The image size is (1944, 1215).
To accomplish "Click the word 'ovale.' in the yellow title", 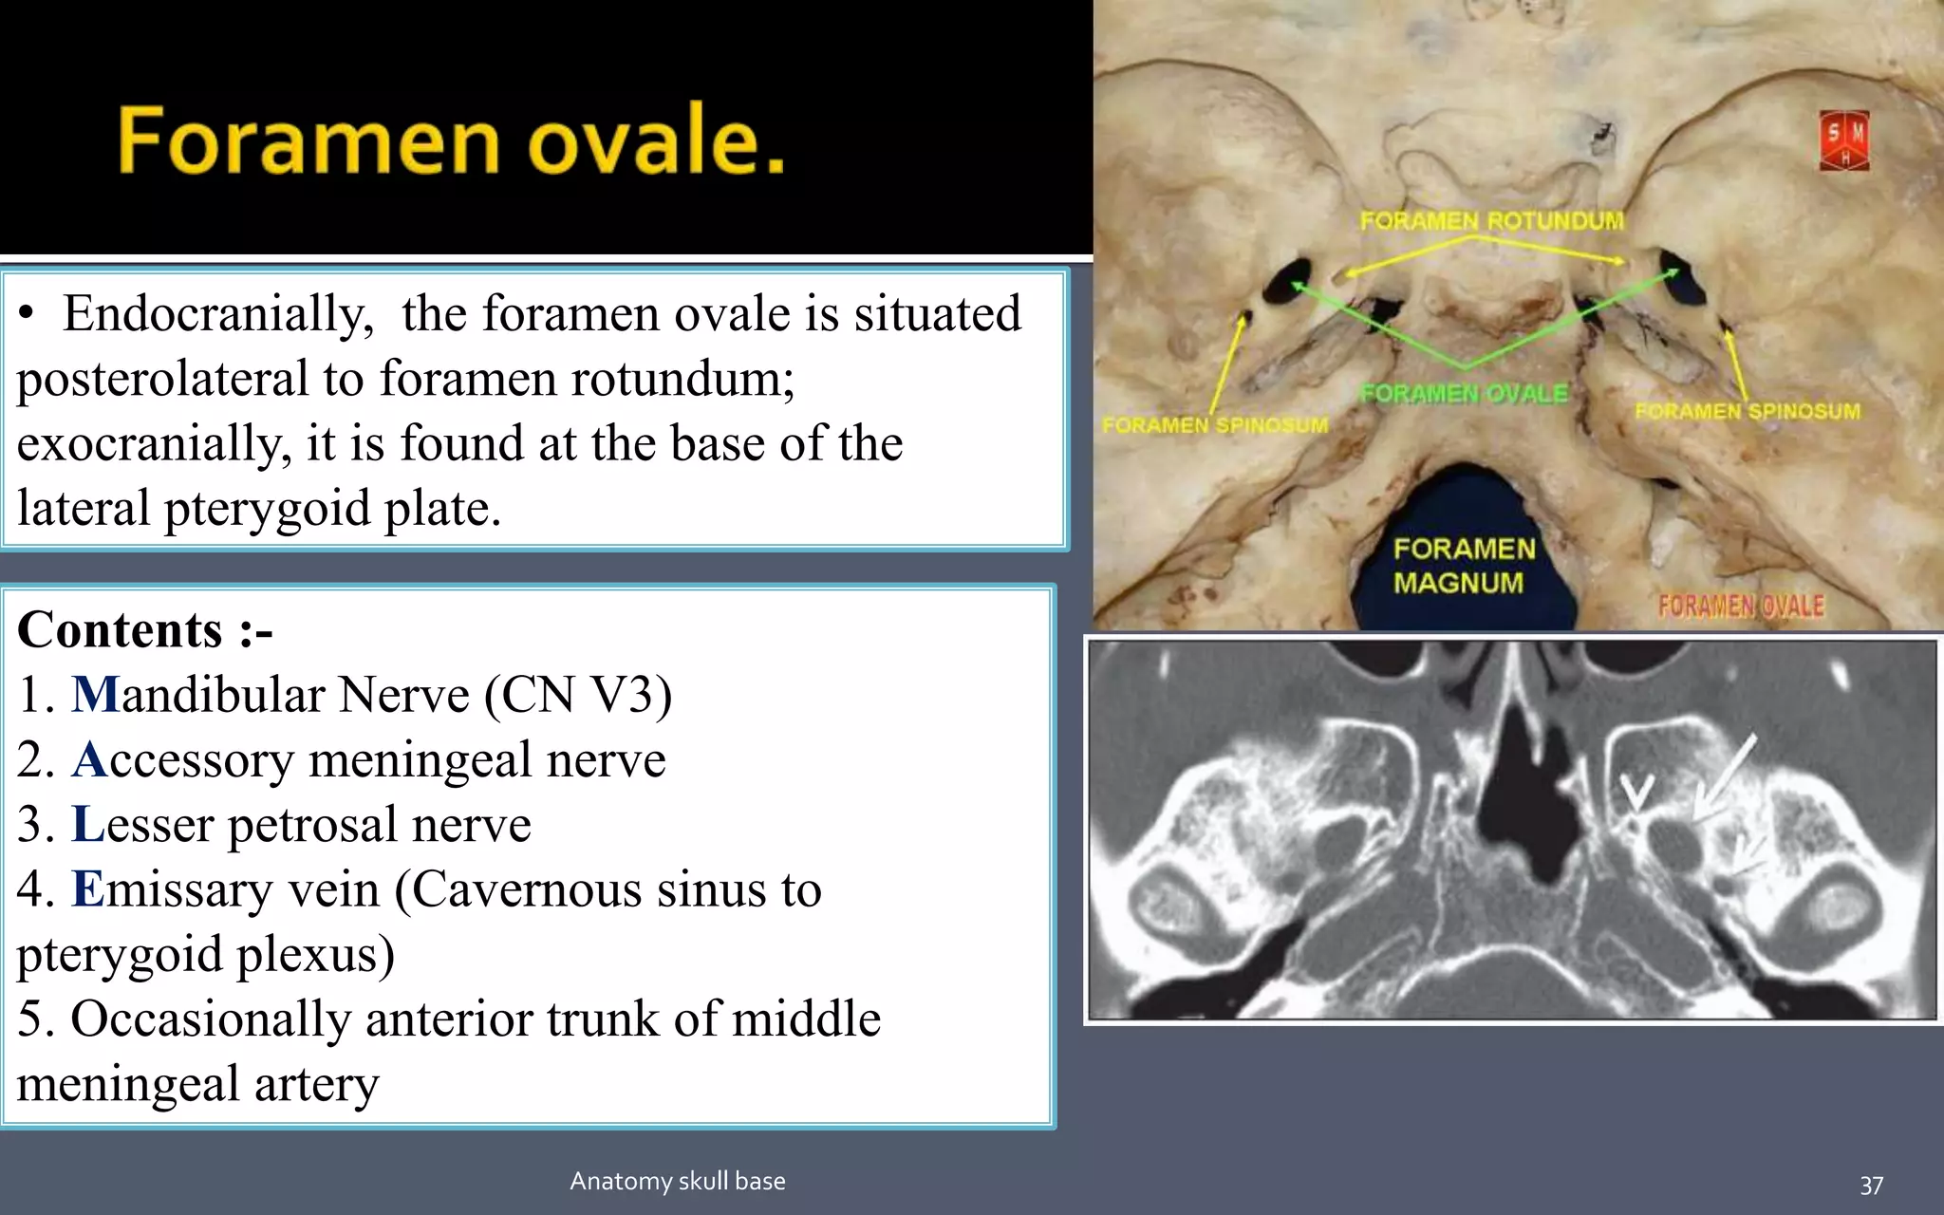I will [x=655, y=142].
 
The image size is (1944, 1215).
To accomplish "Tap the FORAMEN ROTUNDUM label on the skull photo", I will [x=1491, y=221].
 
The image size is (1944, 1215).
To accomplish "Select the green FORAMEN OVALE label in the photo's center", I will [x=1464, y=393].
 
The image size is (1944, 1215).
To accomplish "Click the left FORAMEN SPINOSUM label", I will [x=1215, y=425].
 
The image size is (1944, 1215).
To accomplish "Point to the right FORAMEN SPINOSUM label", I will [x=1747, y=411].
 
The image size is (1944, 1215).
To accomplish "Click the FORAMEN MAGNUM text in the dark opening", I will [x=1463, y=566].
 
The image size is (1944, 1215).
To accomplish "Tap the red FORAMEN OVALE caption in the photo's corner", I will [x=1740, y=606].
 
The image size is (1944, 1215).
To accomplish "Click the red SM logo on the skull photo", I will [x=1843, y=141].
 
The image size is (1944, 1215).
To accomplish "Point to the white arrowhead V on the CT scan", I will [x=1636, y=793].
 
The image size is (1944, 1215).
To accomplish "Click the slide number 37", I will [x=1871, y=1186].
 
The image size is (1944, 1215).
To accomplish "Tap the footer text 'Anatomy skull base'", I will [x=677, y=1181].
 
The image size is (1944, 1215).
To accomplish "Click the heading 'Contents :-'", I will [x=144, y=630].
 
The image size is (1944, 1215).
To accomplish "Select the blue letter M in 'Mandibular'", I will [x=95, y=695].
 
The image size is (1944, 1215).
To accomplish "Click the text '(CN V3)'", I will [x=577, y=695].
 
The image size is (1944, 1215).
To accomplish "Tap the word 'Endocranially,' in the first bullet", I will [x=218, y=314].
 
